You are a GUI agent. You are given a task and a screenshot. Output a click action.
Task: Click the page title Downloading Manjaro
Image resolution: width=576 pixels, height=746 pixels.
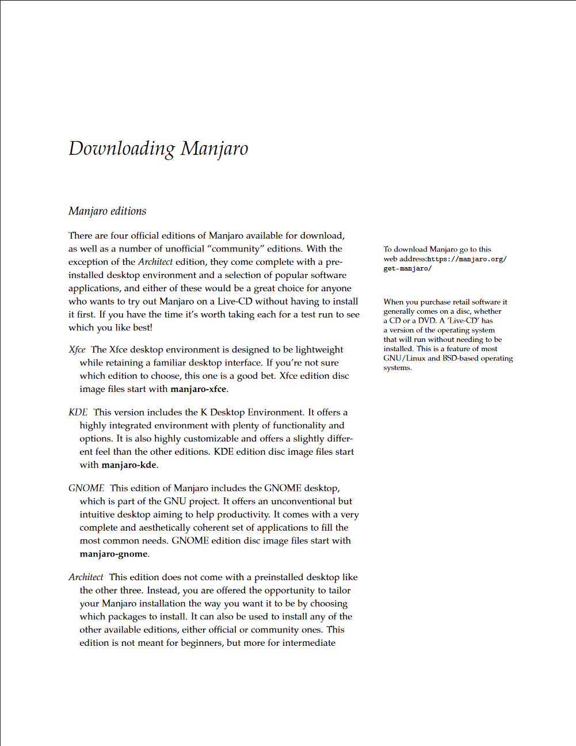pyautogui.click(x=158, y=149)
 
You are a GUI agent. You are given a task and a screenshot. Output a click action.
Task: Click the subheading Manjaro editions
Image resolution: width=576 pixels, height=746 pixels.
pyautogui.click(x=107, y=211)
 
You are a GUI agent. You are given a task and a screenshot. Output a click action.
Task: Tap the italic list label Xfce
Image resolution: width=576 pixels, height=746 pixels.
pyautogui.click(x=77, y=349)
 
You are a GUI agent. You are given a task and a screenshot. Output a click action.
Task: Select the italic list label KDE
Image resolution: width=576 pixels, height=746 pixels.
pyautogui.click(x=78, y=412)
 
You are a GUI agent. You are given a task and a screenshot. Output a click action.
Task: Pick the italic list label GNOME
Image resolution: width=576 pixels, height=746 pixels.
pyautogui.click(x=86, y=488)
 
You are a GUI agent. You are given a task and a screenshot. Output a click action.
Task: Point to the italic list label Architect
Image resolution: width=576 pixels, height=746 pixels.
pyautogui.click(x=86, y=577)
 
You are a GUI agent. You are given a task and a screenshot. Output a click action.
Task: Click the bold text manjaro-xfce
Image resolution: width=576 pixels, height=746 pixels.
pyautogui.click(x=198, y=389)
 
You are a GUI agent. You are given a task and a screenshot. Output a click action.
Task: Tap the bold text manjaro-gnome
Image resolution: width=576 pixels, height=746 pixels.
pyautogui.click(x=113, y=554)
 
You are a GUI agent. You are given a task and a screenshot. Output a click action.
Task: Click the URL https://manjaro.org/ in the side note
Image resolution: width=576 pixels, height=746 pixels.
pyautogui.click(x=467, y=259)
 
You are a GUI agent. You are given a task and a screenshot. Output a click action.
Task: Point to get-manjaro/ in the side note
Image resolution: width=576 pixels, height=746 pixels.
pyautogui.click(x=407, y=268)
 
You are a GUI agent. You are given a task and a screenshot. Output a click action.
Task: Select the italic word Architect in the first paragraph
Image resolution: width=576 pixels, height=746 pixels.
pyautogui.click(x=155, y=262)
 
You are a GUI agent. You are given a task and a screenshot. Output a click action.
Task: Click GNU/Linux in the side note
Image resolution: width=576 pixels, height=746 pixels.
pyautogui.click(x=405, y=358)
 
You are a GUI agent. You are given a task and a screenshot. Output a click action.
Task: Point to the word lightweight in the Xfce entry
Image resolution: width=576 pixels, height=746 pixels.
pyautogui.click(x=319, y=349)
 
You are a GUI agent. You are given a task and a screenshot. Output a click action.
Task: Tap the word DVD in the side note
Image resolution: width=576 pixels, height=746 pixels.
pyautogui.click(x=426, y=321)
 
